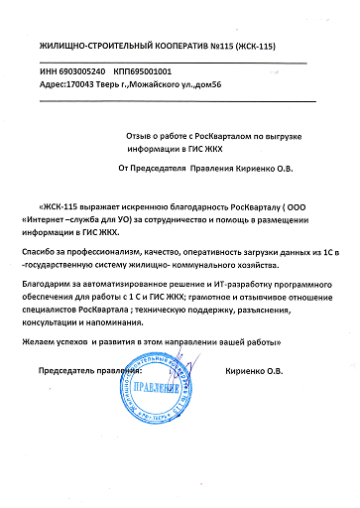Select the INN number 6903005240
point(83,72)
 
